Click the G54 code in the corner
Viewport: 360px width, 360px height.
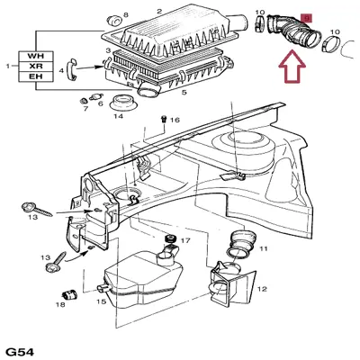click(x=20, y=352)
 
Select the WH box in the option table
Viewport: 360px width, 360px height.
click(x=36, y=56)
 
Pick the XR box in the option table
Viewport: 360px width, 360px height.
click(x=36, y=67)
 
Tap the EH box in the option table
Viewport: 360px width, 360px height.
click(x=36, y=76)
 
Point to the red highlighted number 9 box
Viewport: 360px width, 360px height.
click(x=307, y=19)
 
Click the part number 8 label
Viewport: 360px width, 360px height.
click(x=125, y=14)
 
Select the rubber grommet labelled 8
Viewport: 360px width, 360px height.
click(x=114, y=21)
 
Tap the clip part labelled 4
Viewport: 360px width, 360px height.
click(x=71, y=69)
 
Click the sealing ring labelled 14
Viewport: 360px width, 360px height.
click(x=123, y=103)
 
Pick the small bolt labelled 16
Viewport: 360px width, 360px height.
click(x=164, y=119)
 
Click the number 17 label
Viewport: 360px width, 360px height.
click(x=185, y=240)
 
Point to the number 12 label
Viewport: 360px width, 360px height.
click(x=262, y=289)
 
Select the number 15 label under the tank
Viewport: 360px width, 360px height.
click(x=102, y=301)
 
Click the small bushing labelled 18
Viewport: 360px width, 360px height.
click(x=70, y=294)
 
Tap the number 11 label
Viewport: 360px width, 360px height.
click(x=264, y=248)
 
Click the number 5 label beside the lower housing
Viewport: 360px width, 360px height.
click(x=184, y=93)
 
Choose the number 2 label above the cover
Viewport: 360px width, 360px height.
click(x=159, y=12)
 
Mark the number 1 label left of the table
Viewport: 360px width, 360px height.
click(x=8, y=66)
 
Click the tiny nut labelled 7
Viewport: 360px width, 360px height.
click(x=84, y=100)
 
